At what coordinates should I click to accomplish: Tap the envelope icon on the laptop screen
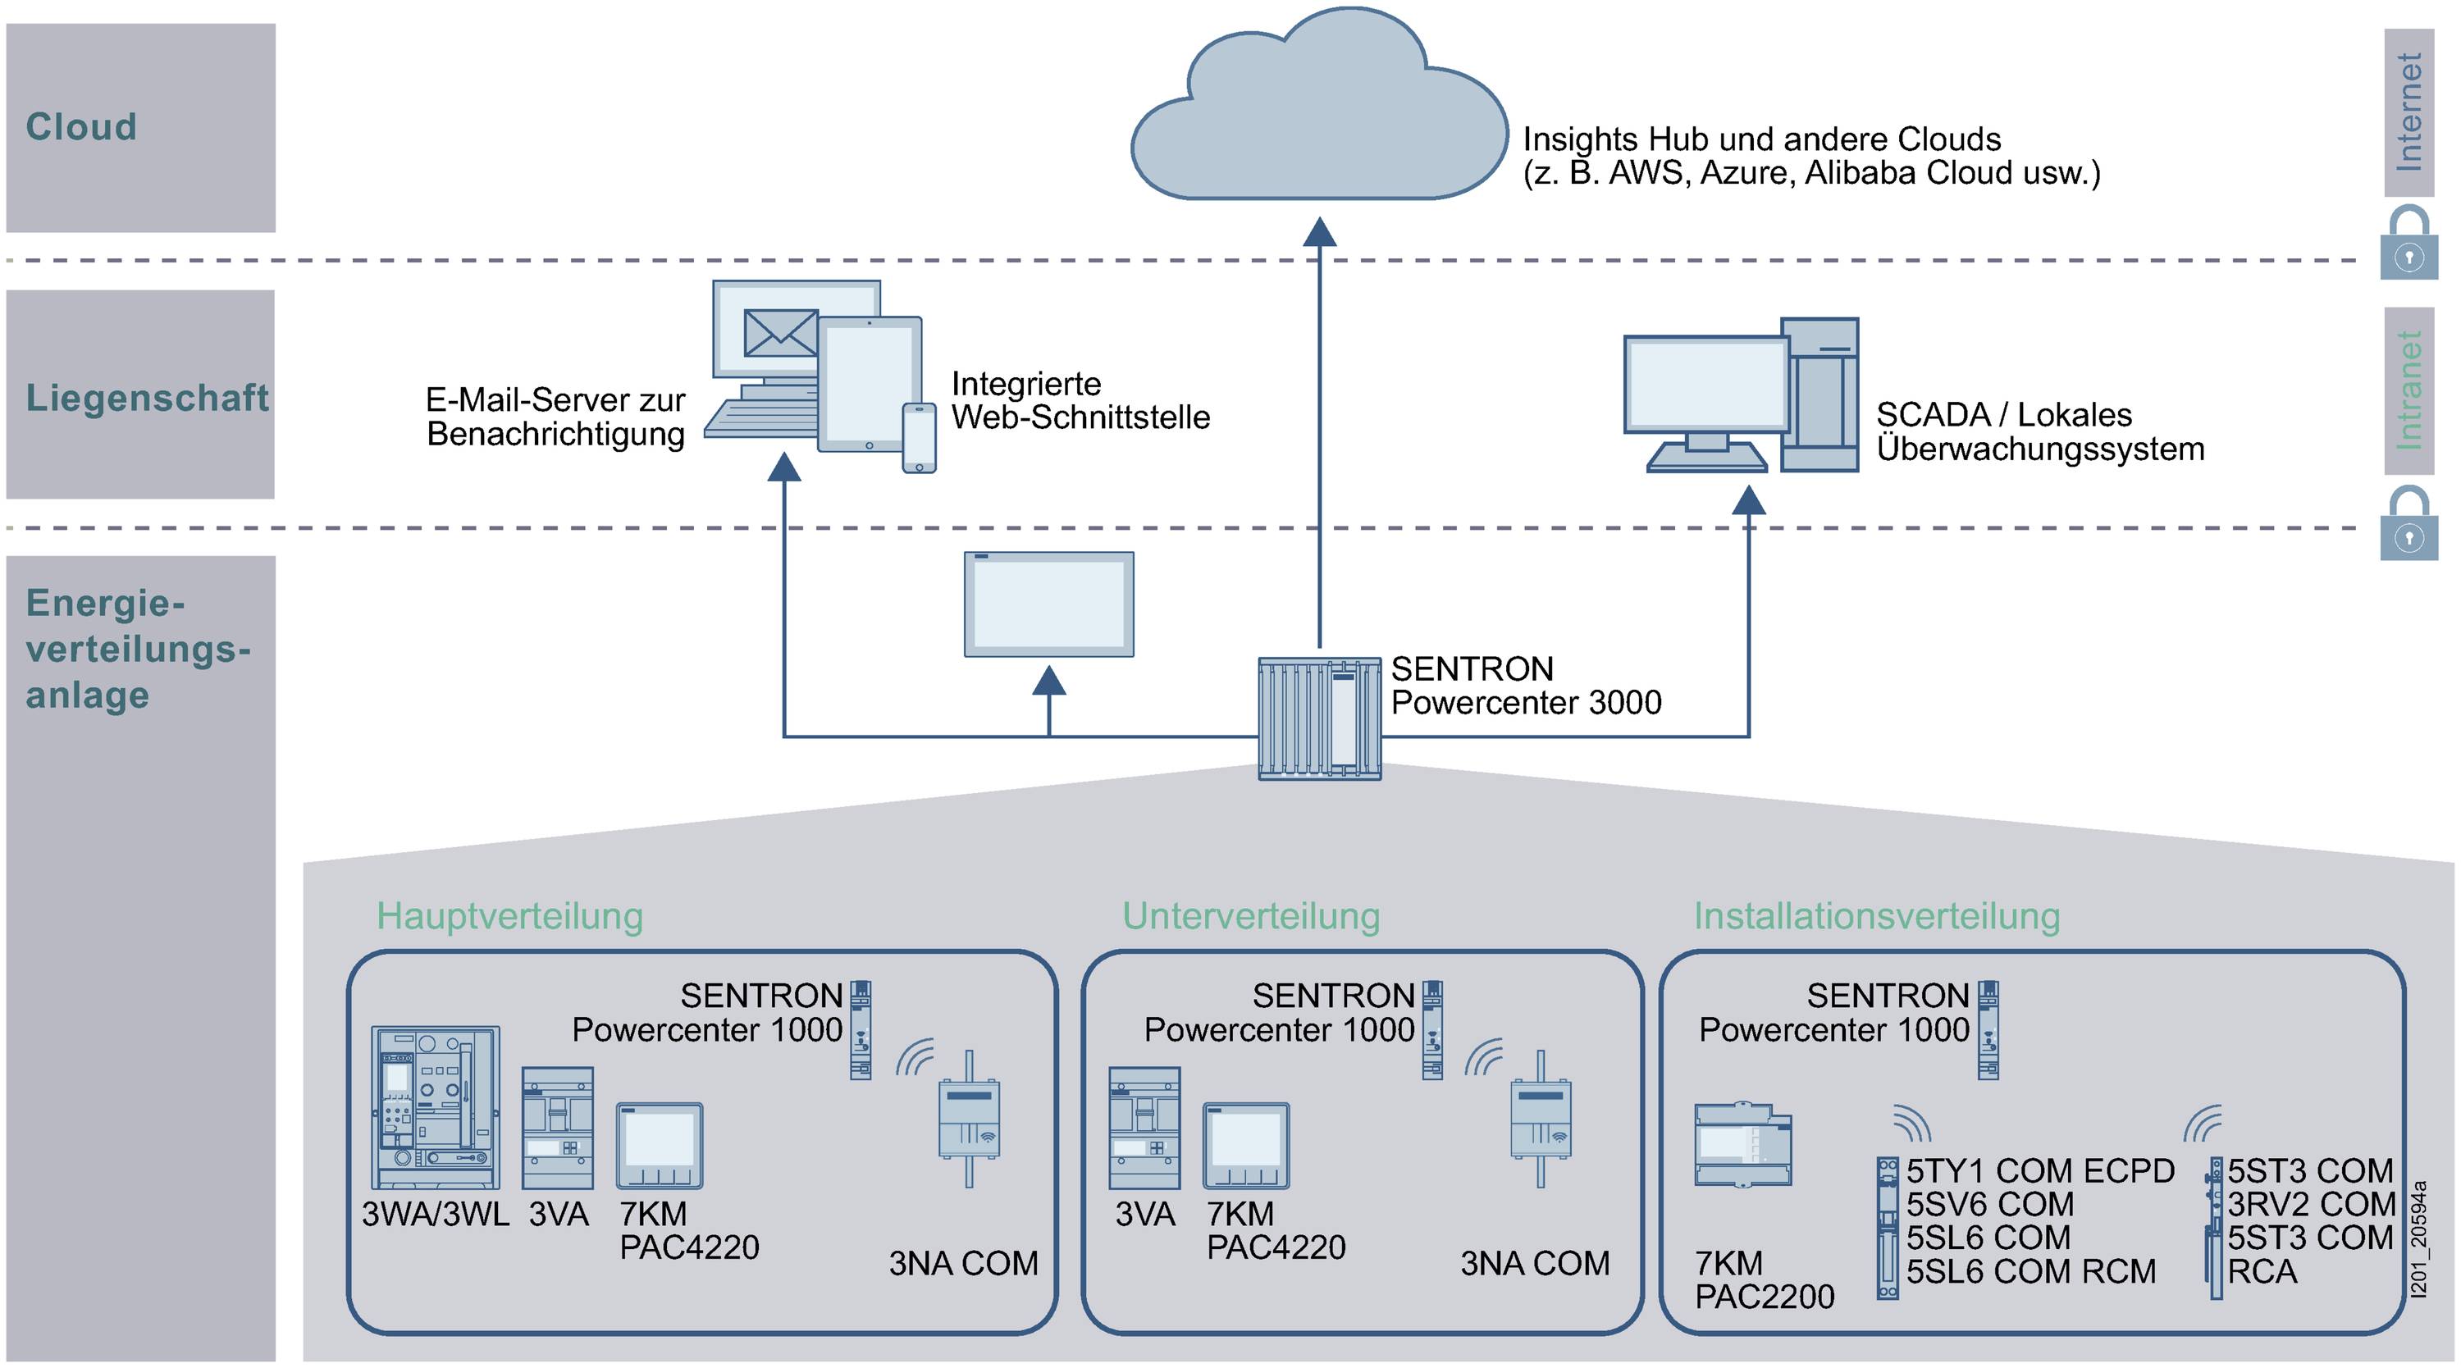(x=780, y=332)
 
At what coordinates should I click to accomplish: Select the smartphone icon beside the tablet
(x=919, y=437)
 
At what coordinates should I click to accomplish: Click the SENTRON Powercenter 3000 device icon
(x=1319, y=718)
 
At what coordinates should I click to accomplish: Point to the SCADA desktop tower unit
(x=1820, y=394)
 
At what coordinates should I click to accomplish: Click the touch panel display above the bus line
(x=1049, y=604)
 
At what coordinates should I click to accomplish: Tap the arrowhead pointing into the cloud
(x=1319, y=231)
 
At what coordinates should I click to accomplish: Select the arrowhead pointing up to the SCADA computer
(x=1748, y=499)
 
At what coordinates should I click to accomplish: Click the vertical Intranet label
(x=2409, y=390)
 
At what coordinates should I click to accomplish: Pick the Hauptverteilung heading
(x=509, y=915)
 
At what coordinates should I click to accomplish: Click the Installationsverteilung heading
(x=1876, y=915)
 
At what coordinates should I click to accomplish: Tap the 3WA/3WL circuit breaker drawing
(x=436, y=1107)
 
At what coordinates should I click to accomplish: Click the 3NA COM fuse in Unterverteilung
(x=1540, y=1119)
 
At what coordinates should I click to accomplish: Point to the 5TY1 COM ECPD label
(x=2039, y=1170)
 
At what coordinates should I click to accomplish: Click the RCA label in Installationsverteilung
(x=2262, y=1271)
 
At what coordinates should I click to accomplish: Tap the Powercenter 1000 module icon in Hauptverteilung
(x=861, y=1030)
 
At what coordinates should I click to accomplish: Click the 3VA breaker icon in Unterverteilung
(x=1144, y=1127)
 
